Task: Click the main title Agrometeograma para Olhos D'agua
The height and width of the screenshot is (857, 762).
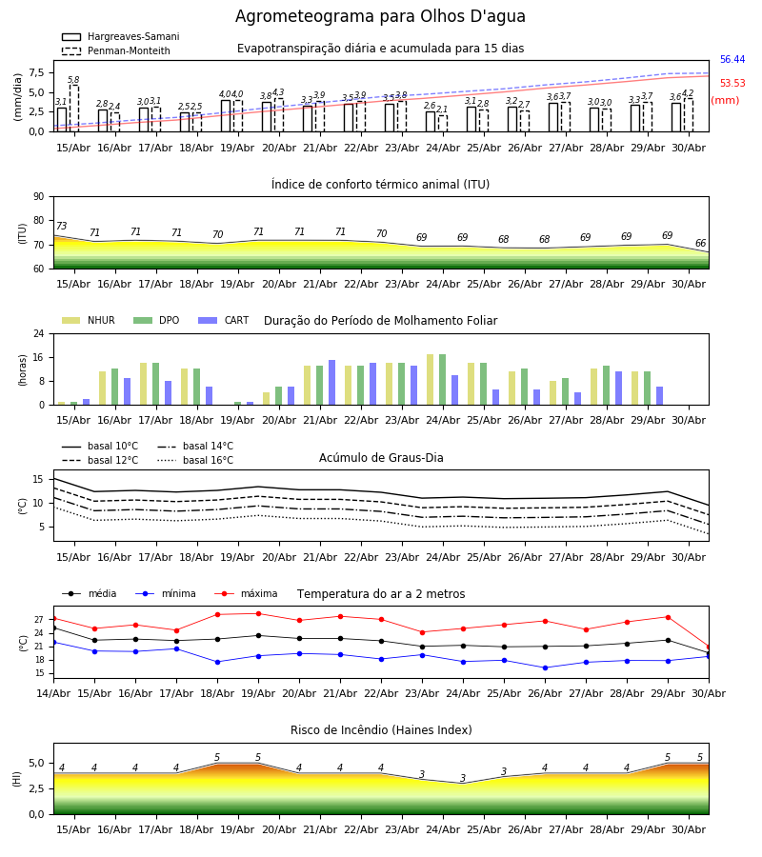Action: point(380,16)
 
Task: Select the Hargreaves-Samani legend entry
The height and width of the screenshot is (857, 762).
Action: point(121,36)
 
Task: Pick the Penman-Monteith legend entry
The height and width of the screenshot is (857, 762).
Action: point(116,50)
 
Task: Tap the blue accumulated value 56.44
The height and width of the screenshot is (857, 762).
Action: point(732,60)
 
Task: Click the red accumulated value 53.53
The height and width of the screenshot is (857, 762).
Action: point(732,83)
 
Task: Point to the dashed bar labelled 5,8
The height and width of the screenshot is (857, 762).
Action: point(73,109)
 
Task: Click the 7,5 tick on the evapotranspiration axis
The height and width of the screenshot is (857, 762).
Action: point(36,73)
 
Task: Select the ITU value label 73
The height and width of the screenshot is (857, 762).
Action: point(61,226)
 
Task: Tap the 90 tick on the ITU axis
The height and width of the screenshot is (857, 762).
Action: point(39,197)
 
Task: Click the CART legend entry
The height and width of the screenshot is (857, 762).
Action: point(224,320)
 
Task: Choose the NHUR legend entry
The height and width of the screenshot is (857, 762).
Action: point(89,320)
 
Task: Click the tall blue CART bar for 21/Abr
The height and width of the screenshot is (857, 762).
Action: point(331,383)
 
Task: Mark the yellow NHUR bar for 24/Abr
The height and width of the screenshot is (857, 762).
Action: point(431,380)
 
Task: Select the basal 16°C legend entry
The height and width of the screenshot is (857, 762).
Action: point(195,460)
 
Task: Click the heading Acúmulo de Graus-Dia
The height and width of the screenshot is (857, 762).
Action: point(381,458)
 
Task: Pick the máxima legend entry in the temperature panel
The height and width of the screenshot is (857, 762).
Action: point(247,593)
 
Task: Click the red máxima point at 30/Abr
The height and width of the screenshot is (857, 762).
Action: point(709,648)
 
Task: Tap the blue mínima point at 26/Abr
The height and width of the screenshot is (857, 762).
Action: point(545,668)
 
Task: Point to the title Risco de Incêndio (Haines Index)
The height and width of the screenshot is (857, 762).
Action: point(381,730)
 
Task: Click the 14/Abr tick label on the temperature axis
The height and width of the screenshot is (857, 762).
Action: point(53,693)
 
